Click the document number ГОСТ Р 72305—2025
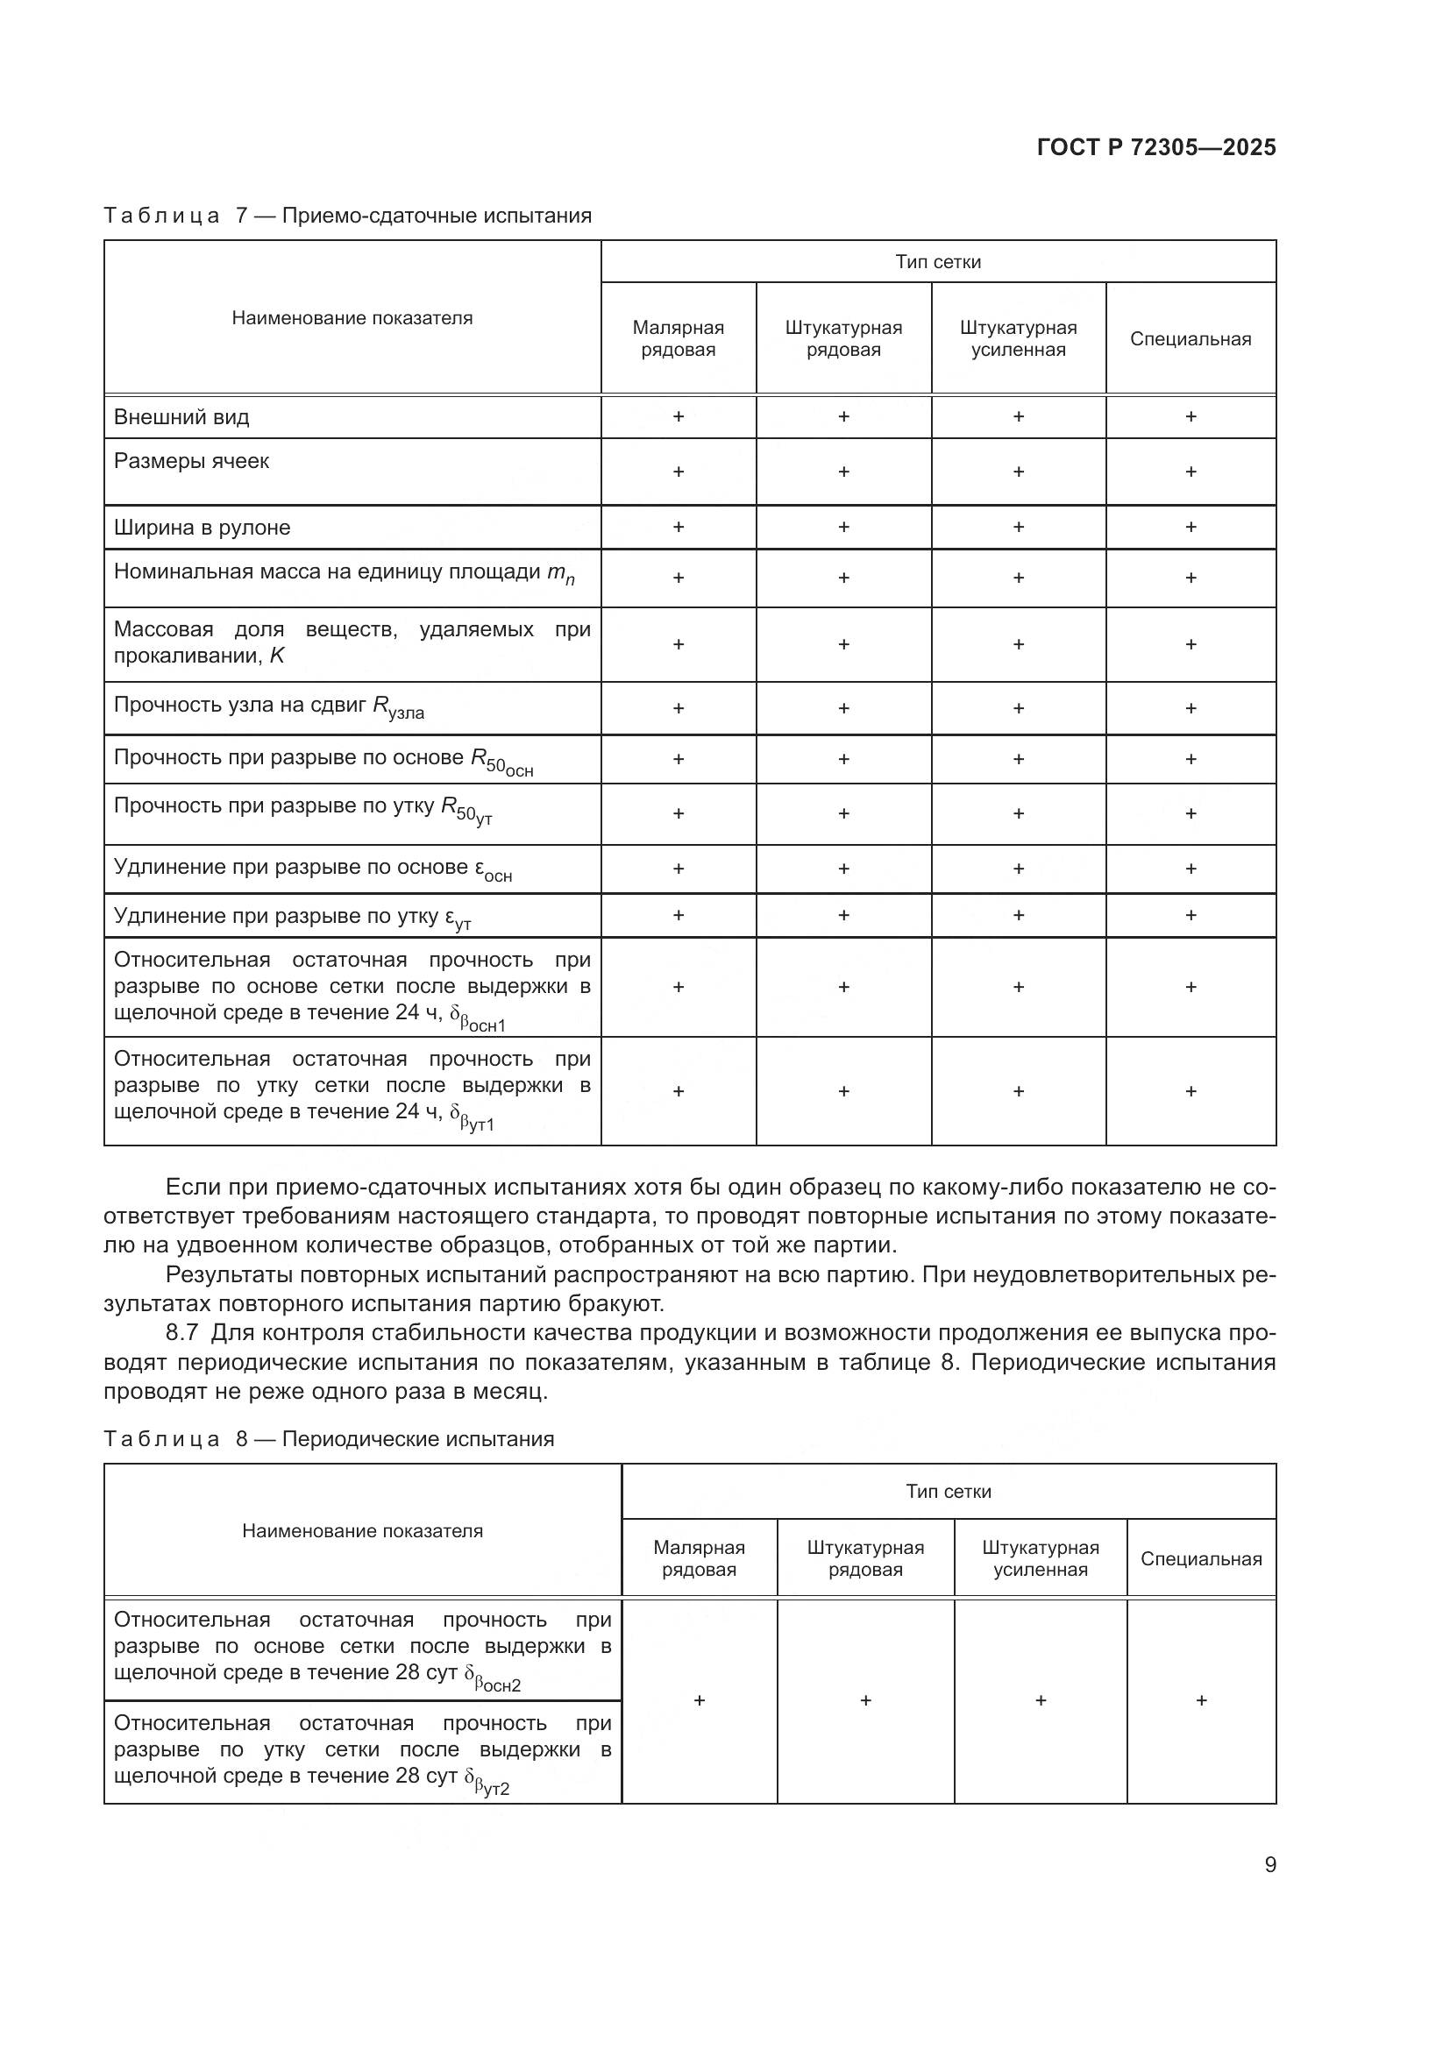1155,148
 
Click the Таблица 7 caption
347,216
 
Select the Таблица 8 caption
329,1438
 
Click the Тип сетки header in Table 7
937,261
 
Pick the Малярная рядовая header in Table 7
678,338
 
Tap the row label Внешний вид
181,417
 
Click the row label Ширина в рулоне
202,527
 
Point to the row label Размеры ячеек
191,461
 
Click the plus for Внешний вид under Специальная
1191,417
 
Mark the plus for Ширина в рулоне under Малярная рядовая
678,527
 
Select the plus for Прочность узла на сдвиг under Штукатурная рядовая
842,708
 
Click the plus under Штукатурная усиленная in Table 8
1041,1701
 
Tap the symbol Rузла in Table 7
398,707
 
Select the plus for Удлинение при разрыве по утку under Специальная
1191,915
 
